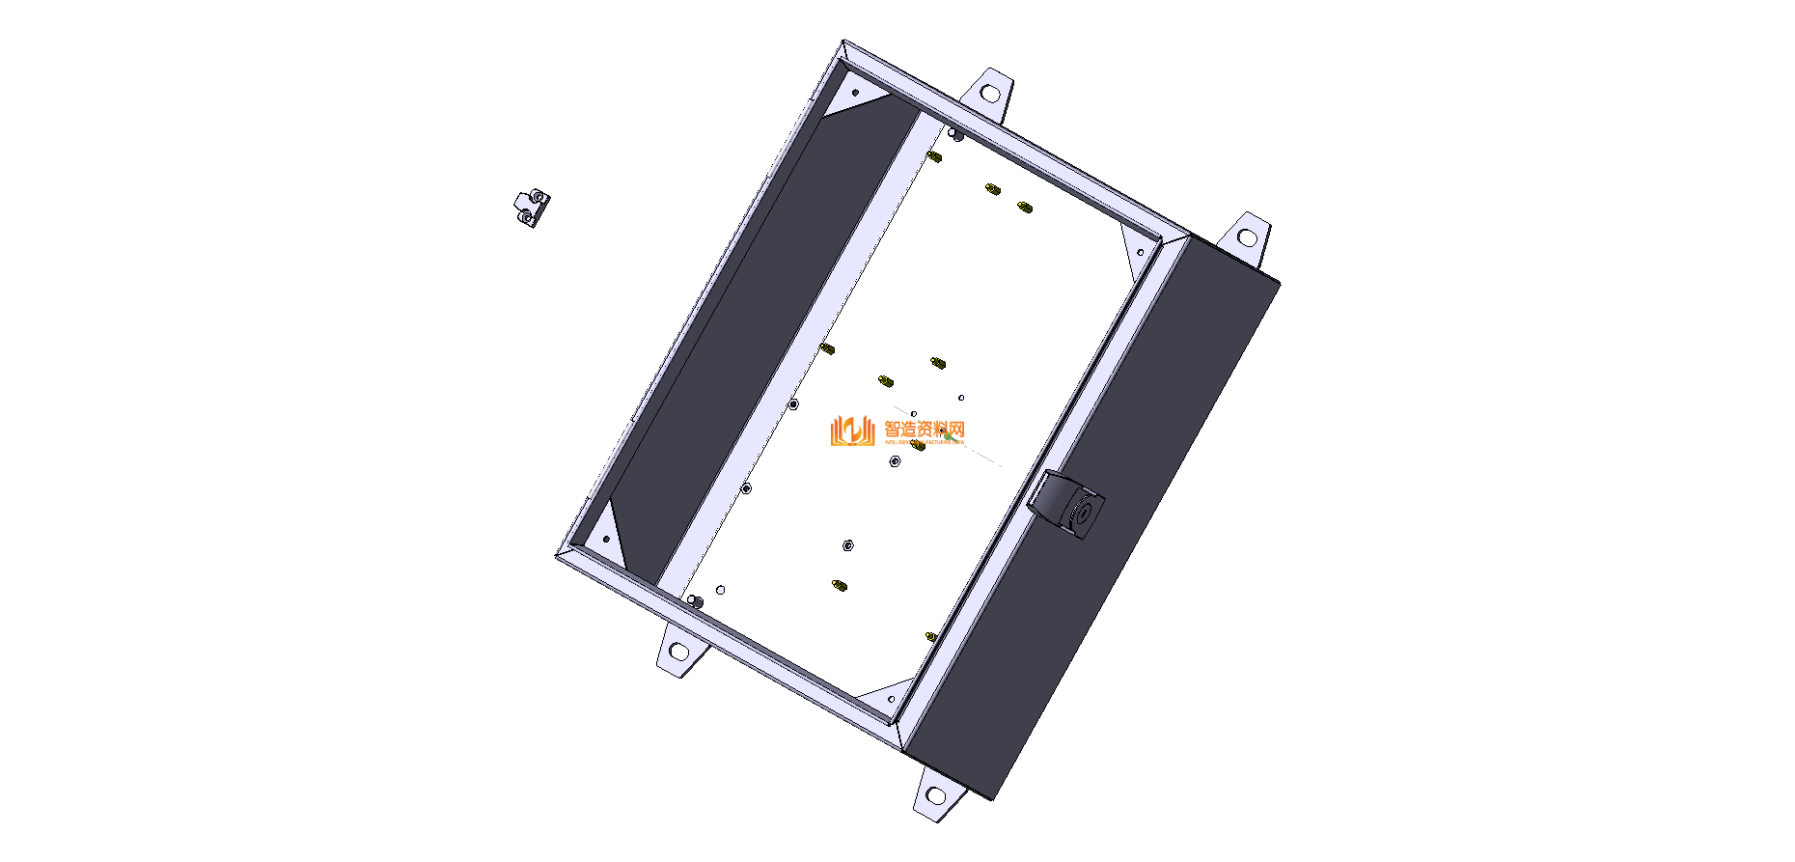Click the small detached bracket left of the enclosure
[x=531, y=208]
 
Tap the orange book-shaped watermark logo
[x=851, y=431]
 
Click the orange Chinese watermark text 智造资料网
[x=925, y=430]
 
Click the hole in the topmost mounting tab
[x=989, y=94]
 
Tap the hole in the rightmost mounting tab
[x=1247, y=236]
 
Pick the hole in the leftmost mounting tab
[x=678, y=652]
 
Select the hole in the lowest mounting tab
[x=934, y=796]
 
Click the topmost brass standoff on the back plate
[x=933, y=156]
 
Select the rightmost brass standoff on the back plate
[x=1024, y=207]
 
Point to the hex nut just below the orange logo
[x=895, y=461]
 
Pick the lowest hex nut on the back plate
[x=848, y=545]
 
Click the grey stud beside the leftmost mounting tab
[x=695, y=602]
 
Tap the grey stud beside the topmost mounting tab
[x=955, y=134]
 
